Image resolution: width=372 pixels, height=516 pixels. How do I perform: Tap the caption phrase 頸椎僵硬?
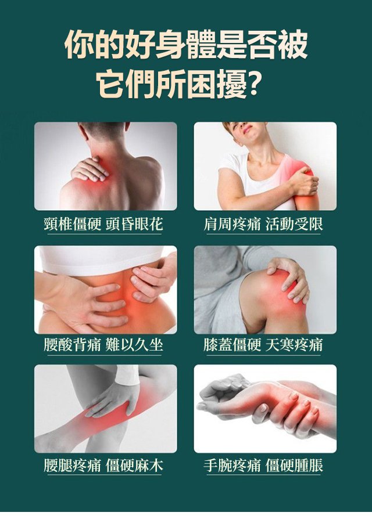pyautogui.click(x=73, y=224)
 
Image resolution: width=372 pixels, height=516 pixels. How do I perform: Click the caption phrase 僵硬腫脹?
pyautogui.click(x=294, y=465)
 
